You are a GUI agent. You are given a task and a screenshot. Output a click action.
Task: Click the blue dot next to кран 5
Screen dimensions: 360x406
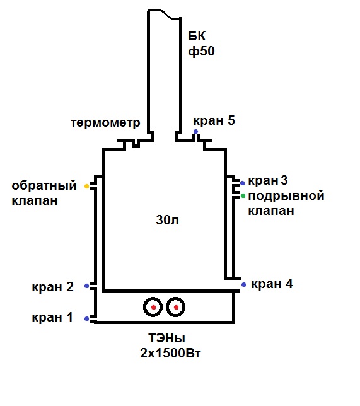[x=196, y=132]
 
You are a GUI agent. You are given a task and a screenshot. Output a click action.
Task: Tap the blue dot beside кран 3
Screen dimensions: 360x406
[x=243, y=183]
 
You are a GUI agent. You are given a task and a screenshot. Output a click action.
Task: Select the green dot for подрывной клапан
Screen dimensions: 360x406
[x=243, y=196]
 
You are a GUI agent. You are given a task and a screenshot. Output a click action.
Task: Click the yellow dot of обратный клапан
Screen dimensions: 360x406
[x=87, y=186]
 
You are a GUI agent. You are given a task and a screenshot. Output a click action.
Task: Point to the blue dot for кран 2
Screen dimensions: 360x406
[x=87, y=286]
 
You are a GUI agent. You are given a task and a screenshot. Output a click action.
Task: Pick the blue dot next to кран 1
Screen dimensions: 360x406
[x=87, y=318]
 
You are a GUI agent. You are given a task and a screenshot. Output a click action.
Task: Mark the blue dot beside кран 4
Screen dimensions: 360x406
[x=244, y=284]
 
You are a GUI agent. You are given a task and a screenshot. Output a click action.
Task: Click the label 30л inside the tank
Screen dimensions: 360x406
[x=167, y=220]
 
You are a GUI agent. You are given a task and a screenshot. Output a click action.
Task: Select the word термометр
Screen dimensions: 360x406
[x=105, y=122]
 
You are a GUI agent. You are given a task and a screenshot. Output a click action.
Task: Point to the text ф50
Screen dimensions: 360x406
[x=201, y=51]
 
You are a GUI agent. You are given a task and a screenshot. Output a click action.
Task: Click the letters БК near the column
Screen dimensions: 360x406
[x=197, y=36]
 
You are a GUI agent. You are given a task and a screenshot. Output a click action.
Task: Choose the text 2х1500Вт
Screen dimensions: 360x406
[x=170, y=352]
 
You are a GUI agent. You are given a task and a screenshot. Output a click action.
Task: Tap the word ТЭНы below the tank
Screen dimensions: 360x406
[x=166, y=338]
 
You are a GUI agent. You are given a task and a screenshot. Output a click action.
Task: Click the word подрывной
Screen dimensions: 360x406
[x=286, y=196]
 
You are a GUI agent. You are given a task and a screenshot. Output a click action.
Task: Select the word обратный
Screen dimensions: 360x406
[x=44, y=185]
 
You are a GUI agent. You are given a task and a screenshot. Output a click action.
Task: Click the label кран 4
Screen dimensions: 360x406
[x=272, y=284]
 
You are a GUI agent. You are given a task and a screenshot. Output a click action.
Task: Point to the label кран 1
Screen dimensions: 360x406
[x=52, y=318]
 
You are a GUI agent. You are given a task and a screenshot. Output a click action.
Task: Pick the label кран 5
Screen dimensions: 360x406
[x=214, y=120]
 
